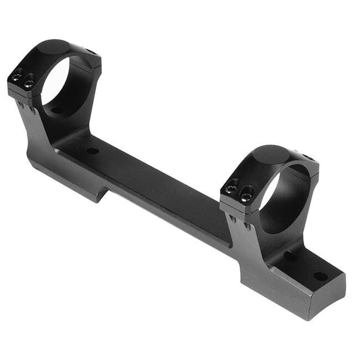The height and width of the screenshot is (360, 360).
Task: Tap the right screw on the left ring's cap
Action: pyautogui.click(x=28, y=84)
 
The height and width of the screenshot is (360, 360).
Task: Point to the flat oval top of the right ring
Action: pyautogui.click(x=271, y=154)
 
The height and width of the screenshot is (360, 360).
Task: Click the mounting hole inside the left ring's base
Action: pyautogui.click(x=57, y=110)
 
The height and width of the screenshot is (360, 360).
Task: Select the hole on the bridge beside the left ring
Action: pyautogui.click(x=92, y=151)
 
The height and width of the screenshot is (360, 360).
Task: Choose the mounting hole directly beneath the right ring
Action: pyautogui.click(x=290, y=256)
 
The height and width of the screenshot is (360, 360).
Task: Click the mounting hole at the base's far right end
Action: pyautogui.click(x=320, y=276)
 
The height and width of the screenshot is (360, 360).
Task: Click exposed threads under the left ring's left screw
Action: pyautogui.click(x=20, y=104)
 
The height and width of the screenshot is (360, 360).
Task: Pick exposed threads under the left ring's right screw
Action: pyautogui.click(x=32, y=110)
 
